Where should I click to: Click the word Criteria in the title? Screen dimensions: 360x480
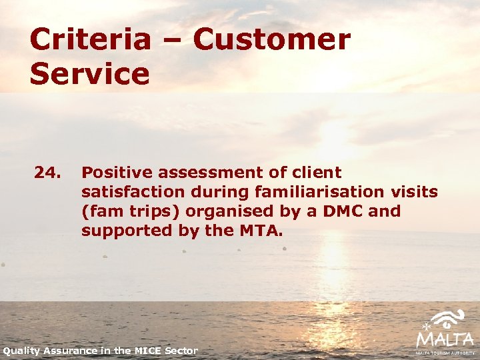(x=90, y=39)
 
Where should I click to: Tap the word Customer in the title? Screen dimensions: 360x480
(x=271, y=39)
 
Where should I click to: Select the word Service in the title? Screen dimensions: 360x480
(x=89, y=74)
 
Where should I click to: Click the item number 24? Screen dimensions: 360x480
(x=47, y=173)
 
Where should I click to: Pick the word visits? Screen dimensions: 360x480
(x=413, y=192)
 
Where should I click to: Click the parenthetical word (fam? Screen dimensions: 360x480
(x=101, y=211)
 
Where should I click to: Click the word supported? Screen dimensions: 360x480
(x=121, y=231)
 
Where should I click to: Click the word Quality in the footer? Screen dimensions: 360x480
(x=23, y=351)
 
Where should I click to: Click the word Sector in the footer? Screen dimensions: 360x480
(x=183, y=351)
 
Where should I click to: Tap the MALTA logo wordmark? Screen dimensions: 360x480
(x=445, y=339)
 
